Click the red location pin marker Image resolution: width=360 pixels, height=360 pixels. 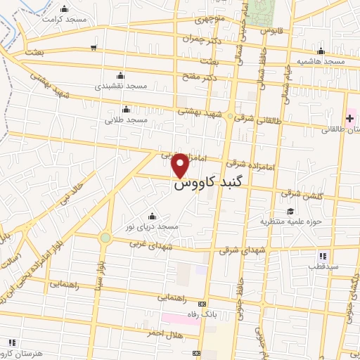[180, 165]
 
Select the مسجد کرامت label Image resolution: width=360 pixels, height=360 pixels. [64, 20]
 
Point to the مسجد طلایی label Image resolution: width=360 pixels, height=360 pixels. [127, 120]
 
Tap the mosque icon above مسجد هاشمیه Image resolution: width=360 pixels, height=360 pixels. [321, 51]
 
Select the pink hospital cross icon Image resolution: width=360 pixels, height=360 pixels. [349, 117]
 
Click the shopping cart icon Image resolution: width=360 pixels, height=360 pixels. [94, 48]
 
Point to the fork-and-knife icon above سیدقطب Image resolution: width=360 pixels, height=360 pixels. [323, 257]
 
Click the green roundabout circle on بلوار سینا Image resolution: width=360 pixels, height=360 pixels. [105, 238]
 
